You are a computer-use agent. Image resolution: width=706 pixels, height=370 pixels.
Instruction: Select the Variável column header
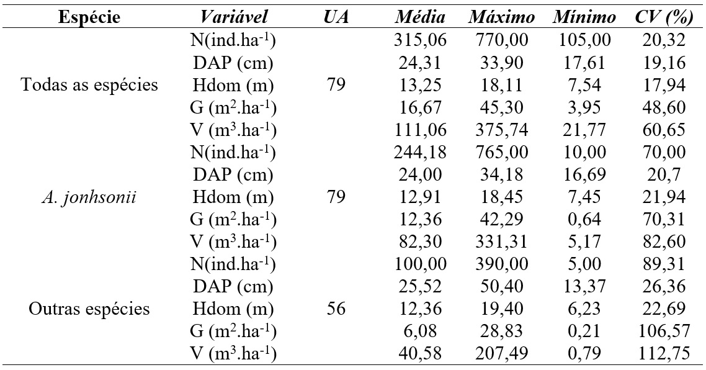tap(232, 17)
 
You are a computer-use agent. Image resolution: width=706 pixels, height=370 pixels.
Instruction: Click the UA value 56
tap(336, 309)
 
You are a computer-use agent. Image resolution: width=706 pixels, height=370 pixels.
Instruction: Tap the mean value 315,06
tap(420, 41)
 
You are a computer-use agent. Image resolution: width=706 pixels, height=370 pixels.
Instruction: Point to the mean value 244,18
tap(420, 153)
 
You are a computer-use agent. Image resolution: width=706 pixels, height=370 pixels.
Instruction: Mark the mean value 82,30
tap(420, 243)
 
